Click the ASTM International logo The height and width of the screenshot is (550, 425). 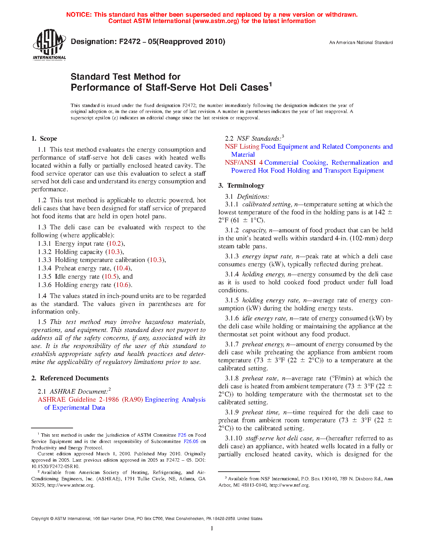pos(49,45)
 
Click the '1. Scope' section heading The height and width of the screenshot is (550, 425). pos(44,139)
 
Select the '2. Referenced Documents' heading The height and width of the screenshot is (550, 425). pos(70,378)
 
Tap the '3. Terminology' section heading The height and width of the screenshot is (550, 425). pos(241,186)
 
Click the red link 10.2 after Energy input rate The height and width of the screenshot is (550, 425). pos(115,244)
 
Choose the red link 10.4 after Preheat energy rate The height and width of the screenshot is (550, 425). pos(122,268)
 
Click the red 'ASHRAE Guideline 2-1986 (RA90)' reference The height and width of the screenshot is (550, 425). pos(90,400)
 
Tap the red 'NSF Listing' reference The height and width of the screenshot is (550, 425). pos(242,147)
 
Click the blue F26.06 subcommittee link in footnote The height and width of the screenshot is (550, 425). pos(191,441)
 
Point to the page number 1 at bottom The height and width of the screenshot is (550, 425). pos(212,528)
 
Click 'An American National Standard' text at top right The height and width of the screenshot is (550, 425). pos(361,43)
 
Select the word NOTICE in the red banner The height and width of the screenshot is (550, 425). pos(79,15)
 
